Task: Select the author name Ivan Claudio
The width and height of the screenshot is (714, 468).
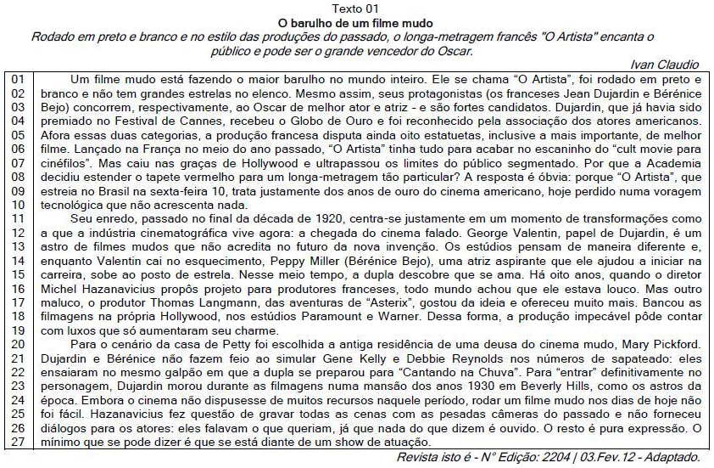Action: pyautogui.click(x=666, y=65)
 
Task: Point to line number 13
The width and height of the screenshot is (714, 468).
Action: pyautogui.click(x=18, y=245)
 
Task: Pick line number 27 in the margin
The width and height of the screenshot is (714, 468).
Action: pyautogui.click(x=18, y=443)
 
